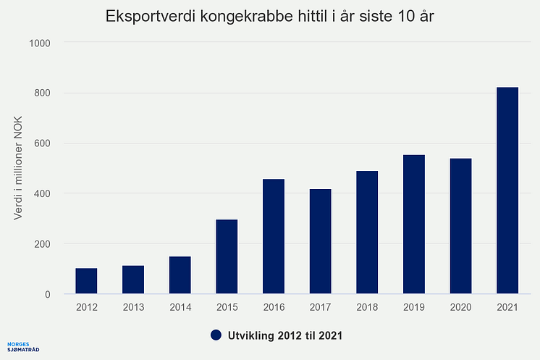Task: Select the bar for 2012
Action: [86, 281]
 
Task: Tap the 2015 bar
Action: [227, 256]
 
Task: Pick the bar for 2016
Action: [274, 236]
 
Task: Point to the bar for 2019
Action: [414, 225]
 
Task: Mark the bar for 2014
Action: [180, 275]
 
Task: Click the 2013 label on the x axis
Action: [133, 307]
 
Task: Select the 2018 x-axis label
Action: [367, 307]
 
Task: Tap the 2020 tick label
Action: [460, 307]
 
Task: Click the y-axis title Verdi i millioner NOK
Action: [20, 167]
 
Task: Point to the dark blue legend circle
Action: [216, 335]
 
